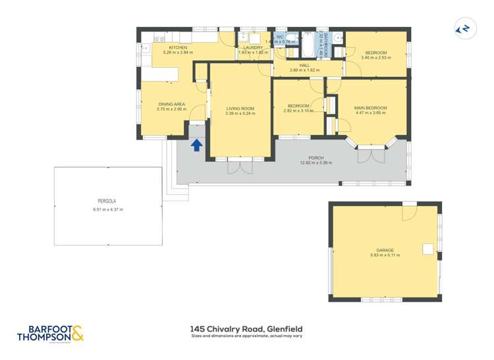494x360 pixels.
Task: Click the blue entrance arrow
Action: (x=196, y=145)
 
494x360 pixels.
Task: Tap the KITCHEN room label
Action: (x=178, y=48)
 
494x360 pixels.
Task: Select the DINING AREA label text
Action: (x=171, y=104)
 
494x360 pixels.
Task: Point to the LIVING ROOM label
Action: (x=240, y=109)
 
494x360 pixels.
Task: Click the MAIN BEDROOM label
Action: (x=370, y=108)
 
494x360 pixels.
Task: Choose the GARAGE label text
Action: (x=385, y=250)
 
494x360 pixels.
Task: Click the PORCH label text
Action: (x=316, y=158)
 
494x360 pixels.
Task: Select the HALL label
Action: (x=304, y=65)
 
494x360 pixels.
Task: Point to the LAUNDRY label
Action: (x=254, y=48)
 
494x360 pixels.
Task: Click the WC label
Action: (x=280, y=37)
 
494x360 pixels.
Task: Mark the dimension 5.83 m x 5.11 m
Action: (x=385, y=255)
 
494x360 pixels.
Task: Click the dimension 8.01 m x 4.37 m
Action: (x=107, y=209)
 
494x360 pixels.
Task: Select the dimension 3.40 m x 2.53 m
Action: (x=376, y=58)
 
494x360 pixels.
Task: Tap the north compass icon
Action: (x=464, y=28)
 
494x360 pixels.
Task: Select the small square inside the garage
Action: (x=427, y=248)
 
